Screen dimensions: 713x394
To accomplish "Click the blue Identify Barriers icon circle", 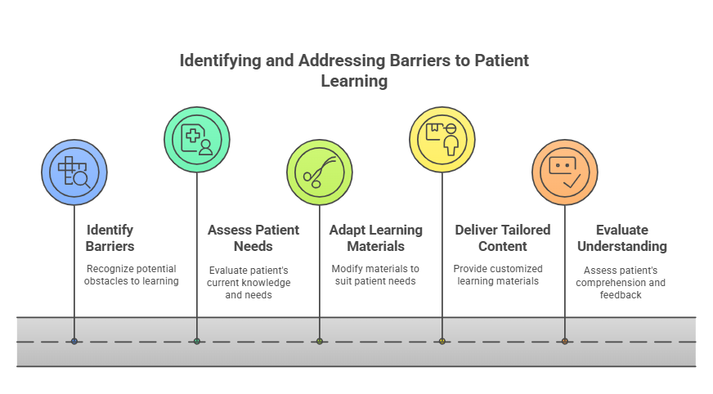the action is coord(74,172).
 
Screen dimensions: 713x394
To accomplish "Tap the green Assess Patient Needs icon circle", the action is coord(197,140).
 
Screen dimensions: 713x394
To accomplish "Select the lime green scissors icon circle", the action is coord(320,172).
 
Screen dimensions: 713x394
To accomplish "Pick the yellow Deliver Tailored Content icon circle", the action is coord(442,140).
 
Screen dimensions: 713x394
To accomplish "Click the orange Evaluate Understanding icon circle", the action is coord(565,172).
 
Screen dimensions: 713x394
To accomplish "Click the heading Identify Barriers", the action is coord(110,238).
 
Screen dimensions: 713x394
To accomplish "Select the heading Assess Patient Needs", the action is coord(253,238).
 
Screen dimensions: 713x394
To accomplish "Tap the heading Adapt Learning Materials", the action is coord(376,238).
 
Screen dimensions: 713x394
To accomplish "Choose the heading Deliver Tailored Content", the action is coord(503,238).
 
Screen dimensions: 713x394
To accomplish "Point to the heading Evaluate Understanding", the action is coord(622,238).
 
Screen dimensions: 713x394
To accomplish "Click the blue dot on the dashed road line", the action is coord(74,342).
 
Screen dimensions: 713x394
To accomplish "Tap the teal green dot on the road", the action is coord(197,342).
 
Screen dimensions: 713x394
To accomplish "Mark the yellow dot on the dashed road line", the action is coord(442,342).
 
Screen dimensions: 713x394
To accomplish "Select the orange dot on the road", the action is coord(565,342).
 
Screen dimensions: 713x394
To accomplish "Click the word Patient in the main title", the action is coord(501,60).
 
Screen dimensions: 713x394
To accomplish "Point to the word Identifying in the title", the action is coord(221,60).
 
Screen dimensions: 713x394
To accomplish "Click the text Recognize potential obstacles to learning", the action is coord(132,275).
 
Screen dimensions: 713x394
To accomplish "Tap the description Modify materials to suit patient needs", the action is coord(375,275).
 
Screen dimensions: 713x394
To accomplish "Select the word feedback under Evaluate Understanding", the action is coord(621,295).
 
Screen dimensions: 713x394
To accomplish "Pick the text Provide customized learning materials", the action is coord(498,275).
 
